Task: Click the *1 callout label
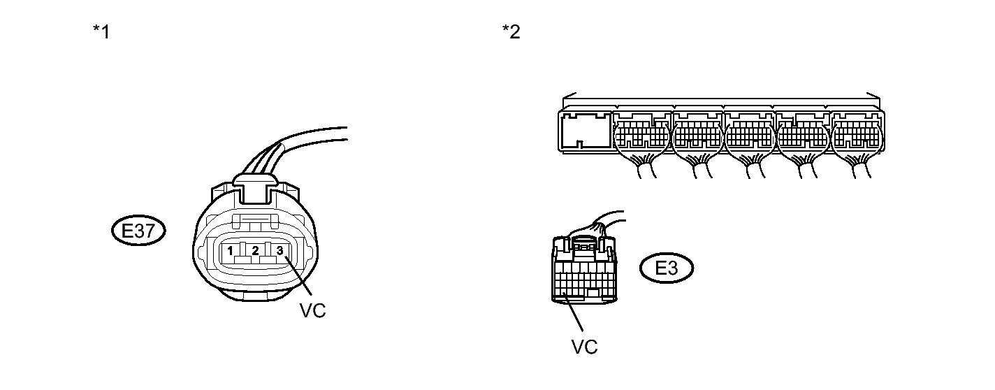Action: coord(101,32)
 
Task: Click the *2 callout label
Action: coord(511,32)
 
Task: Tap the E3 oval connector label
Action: coord(667,268)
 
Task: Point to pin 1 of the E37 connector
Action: coord(230,250)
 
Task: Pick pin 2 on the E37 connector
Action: coord(255,250)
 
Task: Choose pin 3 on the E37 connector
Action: coord(279,250)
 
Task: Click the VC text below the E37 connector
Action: coord(312,311)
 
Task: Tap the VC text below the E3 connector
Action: coord(584,347)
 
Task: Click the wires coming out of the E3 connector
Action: coord(601,224)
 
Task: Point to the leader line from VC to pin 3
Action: coord(297,280)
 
